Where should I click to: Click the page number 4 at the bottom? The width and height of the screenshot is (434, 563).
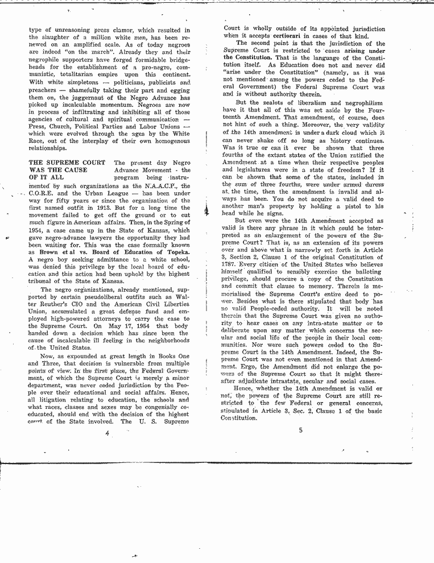pyautogui.click(x=106, y=433)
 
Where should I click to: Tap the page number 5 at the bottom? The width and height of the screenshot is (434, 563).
pyautogui.click(x=300, y=430)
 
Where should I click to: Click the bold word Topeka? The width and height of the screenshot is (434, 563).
pyautogui.click(x=174, y=251)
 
